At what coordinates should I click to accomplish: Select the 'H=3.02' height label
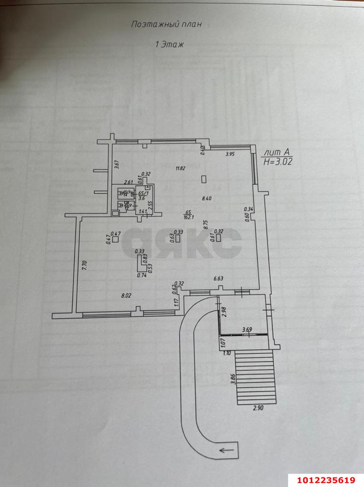[278, 161]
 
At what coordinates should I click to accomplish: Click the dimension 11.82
[180, 168]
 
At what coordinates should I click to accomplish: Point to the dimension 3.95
[230, 154]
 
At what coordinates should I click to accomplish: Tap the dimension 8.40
[206, 198]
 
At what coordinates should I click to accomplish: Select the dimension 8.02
[126, 295]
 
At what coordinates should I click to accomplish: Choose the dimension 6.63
[219, 279]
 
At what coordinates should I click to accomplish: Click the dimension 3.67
[116, 165]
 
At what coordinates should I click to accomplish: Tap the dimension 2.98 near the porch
[224, 311]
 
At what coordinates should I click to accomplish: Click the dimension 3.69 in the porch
[247, 329]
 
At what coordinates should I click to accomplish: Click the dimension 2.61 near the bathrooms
[127, 182]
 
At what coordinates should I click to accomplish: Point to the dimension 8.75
[206, 224]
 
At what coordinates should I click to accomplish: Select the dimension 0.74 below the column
[141, 275]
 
